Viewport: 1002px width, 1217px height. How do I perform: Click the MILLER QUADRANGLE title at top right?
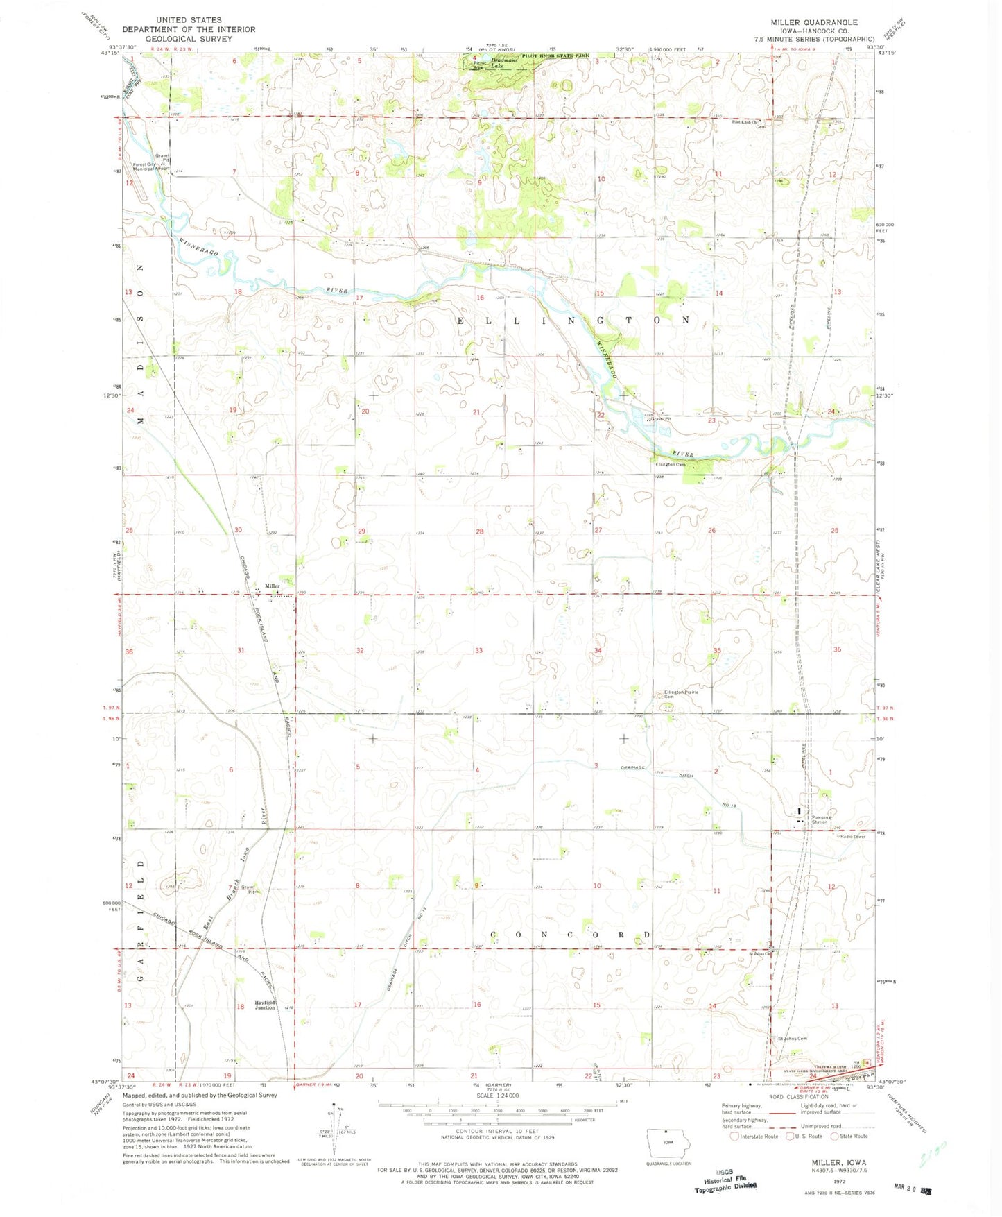point(813,22)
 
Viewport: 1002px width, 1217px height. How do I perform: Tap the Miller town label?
point(271,586)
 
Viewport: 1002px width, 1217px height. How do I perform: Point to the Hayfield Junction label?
point(264,1005)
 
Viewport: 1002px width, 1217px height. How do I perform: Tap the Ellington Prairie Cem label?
point(681,694)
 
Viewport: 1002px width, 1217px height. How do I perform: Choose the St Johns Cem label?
point(792,1039)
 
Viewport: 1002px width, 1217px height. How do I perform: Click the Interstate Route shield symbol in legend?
point(734,1137)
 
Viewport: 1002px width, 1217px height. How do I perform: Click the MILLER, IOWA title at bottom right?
point(839,1162)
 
